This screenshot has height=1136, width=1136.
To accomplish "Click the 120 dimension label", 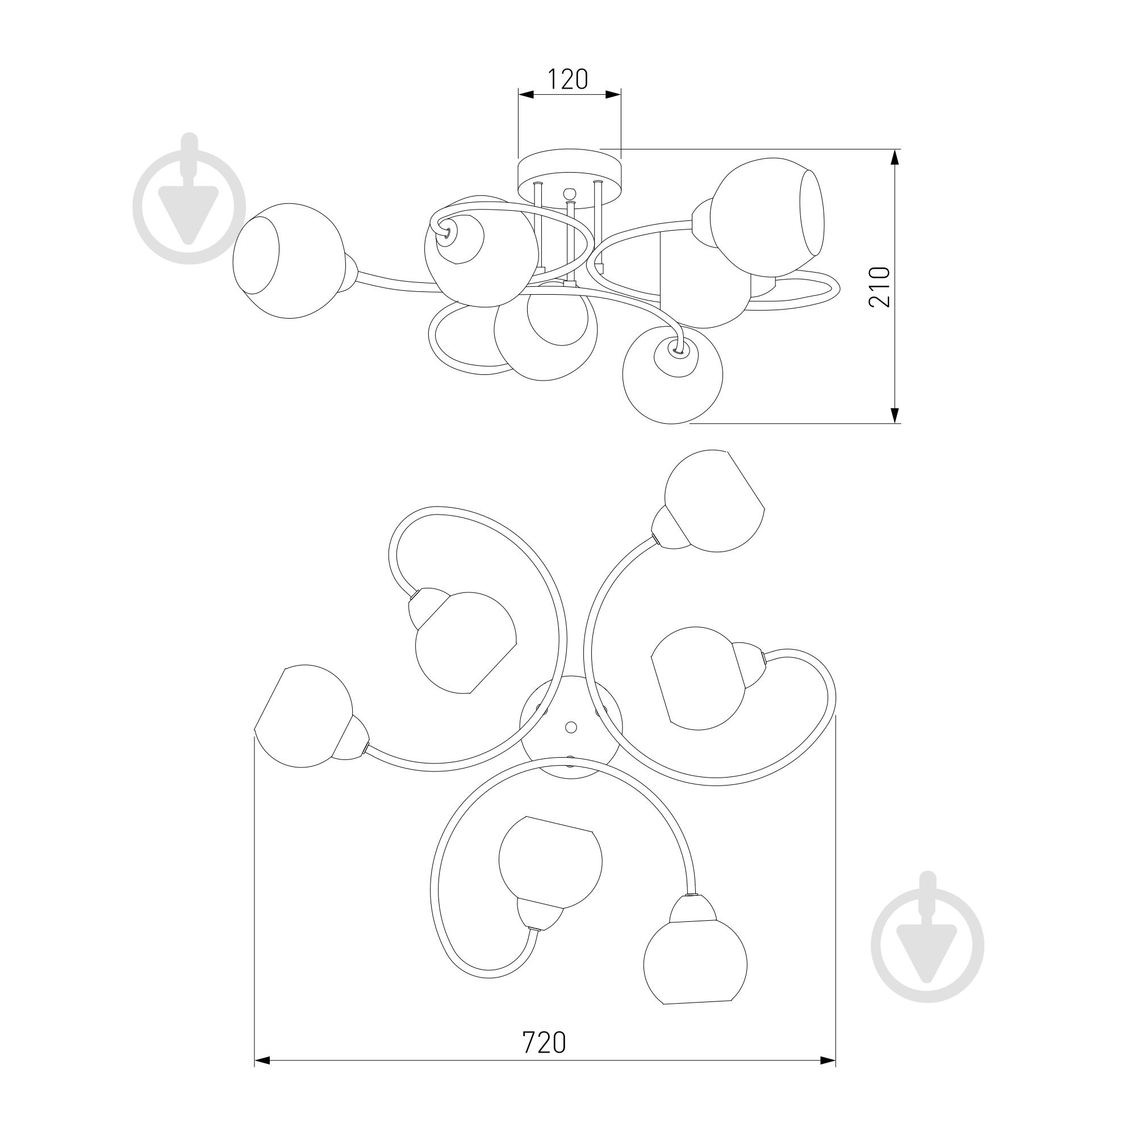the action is tap(568, 79).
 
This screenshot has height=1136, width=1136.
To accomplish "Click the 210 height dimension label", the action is tap(880, 287).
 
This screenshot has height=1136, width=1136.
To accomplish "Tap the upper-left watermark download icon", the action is tap(189, 198).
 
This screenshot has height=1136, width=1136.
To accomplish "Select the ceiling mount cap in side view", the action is tap(569, 174).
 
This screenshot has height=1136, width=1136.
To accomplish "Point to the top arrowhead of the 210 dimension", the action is tap(895, 157).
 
